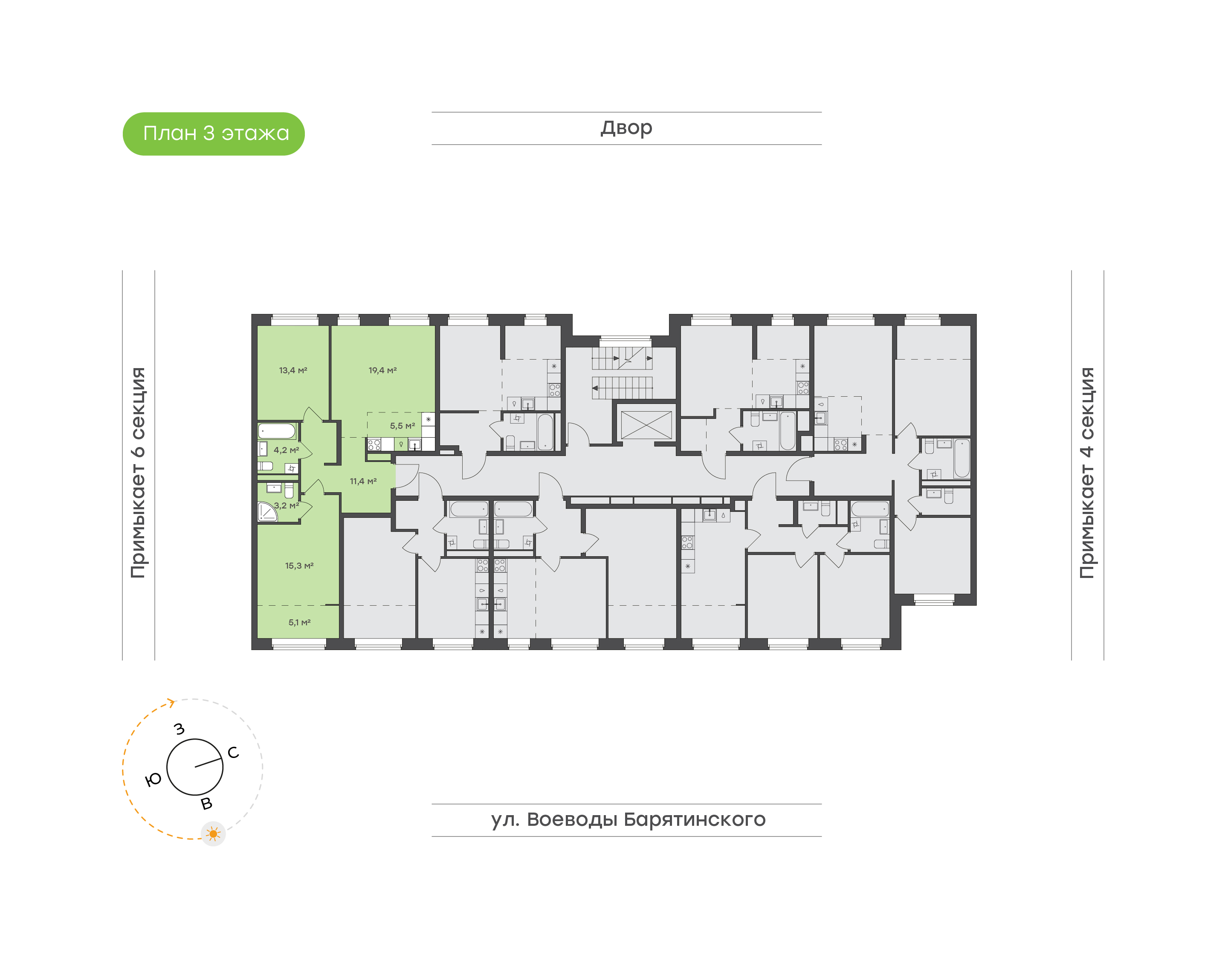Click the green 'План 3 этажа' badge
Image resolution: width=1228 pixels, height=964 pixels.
213,134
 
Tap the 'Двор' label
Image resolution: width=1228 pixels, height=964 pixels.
626,128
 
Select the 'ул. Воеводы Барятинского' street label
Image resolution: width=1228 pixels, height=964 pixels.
628,819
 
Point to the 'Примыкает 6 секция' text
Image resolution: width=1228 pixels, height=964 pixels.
138,473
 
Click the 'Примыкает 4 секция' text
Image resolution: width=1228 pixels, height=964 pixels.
1087,473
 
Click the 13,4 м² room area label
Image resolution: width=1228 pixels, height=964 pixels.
293,370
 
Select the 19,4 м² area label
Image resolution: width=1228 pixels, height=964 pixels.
382,370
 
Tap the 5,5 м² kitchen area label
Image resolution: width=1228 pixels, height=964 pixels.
402,426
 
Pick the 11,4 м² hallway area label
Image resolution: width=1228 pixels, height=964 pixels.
363,481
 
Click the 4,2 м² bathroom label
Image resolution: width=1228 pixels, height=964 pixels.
286,450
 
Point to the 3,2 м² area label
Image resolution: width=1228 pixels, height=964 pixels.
286,505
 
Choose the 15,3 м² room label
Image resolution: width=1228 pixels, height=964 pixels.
299,565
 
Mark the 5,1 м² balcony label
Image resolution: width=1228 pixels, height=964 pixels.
299,622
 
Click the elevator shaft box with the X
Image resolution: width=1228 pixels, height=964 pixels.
646,424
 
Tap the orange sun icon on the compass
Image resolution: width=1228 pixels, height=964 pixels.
213,833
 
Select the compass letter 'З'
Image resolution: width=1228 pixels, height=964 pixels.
180,729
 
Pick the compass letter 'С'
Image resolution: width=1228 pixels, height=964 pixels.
233,752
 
